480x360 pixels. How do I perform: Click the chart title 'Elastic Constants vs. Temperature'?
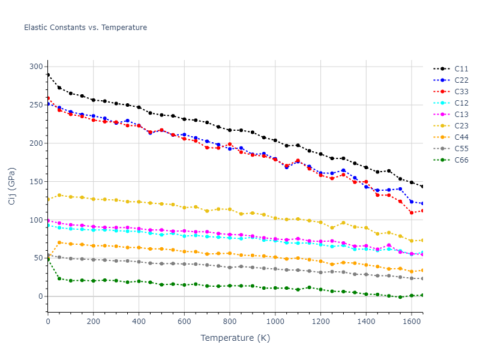85,28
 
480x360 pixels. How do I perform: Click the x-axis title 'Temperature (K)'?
235,338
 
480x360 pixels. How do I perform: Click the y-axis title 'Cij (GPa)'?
12,186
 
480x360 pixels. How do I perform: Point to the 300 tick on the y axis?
36,67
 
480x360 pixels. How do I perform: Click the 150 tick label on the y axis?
36,182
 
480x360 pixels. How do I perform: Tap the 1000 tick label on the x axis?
275,322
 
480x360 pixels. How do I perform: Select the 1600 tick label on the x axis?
411,322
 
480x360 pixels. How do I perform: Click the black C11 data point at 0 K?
48,75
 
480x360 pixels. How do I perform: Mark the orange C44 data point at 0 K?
48,257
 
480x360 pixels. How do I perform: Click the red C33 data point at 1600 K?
412,212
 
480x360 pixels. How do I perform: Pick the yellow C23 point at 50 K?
59,195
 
